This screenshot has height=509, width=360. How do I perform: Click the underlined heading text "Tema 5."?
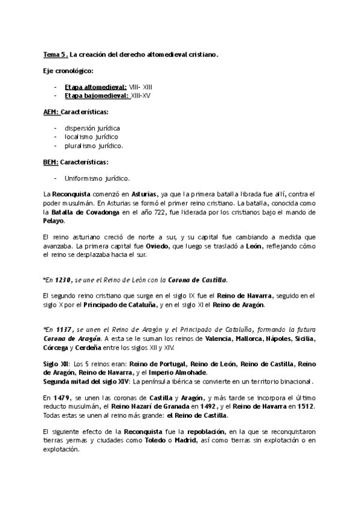(56, 55)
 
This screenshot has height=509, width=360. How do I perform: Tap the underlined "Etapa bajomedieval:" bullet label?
(96, 95)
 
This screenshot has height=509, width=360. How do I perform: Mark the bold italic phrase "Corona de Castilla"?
(197, 279)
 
